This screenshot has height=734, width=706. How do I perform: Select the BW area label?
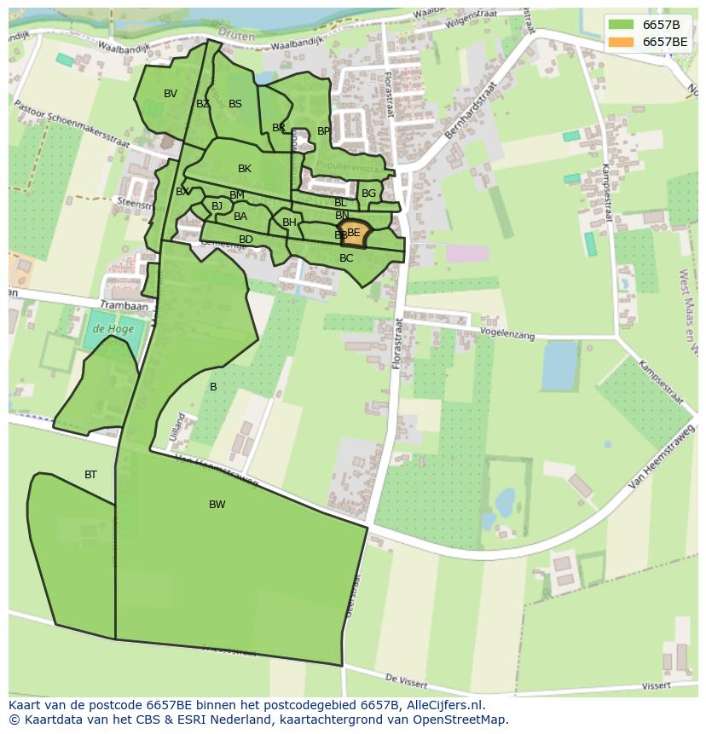pyautogui.click(x=217, y=505)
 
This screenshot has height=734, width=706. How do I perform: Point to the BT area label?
pyautogui.click(x=90, y=475)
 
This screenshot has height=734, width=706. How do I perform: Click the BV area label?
pyautogui.click(x=171, y=94)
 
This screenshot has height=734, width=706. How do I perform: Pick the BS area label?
pyautogui.click(x=235, y=104)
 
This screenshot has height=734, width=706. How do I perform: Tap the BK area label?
pyautogui.click(x=245, y=169)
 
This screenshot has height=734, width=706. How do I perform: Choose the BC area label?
pyautogui.click(x=346, y=258)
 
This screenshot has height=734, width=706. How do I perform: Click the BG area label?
pyautogui.click(x=368, y=194)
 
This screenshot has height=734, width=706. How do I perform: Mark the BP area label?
pyautogui.click(x=323, y=131)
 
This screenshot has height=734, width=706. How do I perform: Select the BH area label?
pyautogui.click(x=289, y=223)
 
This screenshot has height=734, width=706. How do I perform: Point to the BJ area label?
pyautogui.click(x=217, y=206)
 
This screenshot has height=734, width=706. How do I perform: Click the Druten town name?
pyautogui.click(x=237, y=33)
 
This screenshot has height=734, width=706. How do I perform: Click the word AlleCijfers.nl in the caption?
pyautogui.click(x=444, y=705)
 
